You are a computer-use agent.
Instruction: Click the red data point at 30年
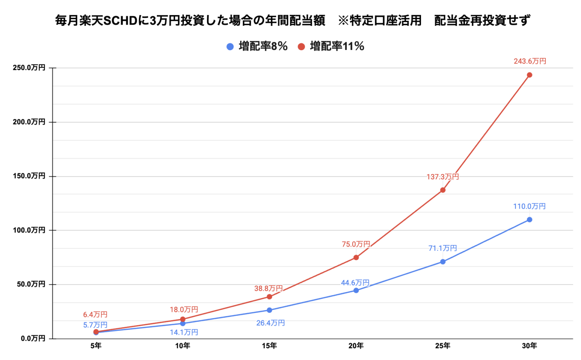click(x=529, y=75)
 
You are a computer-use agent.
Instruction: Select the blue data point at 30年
click(x=529, y=220)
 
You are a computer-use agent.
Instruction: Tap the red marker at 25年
click(x=443, y=190)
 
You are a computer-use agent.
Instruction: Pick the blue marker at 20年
click(x=356, y=290)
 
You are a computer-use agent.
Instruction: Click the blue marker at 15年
click(x=269, y=310)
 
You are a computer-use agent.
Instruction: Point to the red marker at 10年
click(x=183, y=319)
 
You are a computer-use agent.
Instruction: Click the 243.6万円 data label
click(x=530, y=61)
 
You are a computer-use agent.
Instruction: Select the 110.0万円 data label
click(x=529, y=206)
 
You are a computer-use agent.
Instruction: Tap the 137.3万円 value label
click(x=443, y=177)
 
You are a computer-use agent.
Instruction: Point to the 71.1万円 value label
click(x=443, y=248)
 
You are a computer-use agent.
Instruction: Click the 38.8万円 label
click(x=268, y=289)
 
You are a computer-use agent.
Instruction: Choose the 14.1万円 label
click(x=184, y=332)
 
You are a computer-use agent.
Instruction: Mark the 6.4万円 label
click(x=95, y=315)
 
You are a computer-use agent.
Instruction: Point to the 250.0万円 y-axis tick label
click(x=29, y=68)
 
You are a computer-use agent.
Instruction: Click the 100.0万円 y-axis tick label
click(x=29, y=230)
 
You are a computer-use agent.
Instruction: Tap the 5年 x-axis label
click(x=96, y=346)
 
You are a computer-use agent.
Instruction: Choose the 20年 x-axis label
click(x=356, y=346)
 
